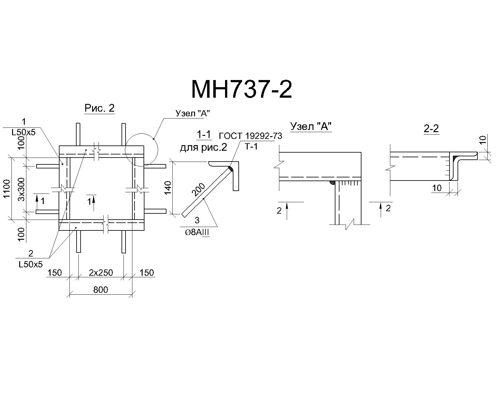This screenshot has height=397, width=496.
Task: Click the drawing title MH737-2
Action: (241, 89)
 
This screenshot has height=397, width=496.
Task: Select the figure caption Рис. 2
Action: (100, 108)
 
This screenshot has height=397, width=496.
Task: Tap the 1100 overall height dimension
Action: (7, 189)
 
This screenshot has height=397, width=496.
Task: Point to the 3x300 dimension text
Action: (21, 189)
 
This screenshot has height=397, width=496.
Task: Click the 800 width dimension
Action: (101, 289)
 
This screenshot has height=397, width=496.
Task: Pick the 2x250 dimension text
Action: (101, 273)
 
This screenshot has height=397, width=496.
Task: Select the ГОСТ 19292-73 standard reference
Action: (250, 136)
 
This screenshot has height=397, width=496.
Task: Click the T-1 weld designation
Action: (251, 146)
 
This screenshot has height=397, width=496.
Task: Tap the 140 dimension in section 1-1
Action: (168, 188)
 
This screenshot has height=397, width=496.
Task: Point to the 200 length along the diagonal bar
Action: (198, 190)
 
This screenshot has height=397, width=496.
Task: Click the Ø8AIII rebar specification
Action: (197, 233)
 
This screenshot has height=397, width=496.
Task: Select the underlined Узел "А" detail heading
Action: (311, 127)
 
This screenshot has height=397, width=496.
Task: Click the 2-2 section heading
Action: (431, 128)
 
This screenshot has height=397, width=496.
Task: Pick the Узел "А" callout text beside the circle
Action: (193, 113)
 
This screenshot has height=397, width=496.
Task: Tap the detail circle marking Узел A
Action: (142, 150)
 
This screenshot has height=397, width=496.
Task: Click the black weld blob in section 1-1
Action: (231, 169)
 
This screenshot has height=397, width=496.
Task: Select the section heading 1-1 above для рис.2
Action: (204, 135)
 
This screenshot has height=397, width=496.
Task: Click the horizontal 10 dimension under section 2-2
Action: (437, 188)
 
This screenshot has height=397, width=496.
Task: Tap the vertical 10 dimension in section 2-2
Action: (482, 140)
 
